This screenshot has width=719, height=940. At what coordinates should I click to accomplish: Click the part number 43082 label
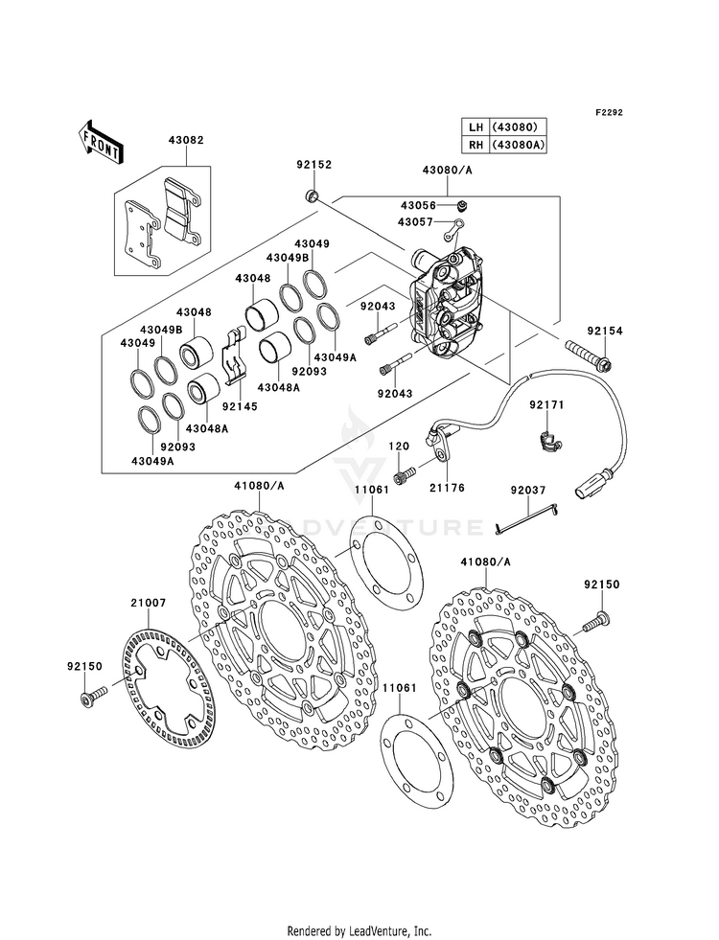click(186, 140)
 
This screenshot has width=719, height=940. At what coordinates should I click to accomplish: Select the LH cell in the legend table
click(475, 127)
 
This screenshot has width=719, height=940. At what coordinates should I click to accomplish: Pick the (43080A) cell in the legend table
click(518, 145)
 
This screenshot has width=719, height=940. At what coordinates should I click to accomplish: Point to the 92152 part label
click(313, 164)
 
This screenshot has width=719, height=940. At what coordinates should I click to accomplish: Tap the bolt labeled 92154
click(589, 355)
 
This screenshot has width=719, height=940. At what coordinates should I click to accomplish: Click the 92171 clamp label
click(546, 405)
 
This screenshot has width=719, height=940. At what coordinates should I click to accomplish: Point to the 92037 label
click(528, 490)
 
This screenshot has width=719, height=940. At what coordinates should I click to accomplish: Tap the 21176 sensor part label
click(448, 488)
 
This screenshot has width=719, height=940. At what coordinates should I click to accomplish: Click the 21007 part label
click(149, 603)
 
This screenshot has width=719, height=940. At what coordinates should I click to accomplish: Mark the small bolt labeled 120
click(403, 475)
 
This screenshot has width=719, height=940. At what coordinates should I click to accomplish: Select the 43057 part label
click(414, 222)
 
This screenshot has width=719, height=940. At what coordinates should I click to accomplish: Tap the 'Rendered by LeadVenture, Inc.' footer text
click(359, 930)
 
